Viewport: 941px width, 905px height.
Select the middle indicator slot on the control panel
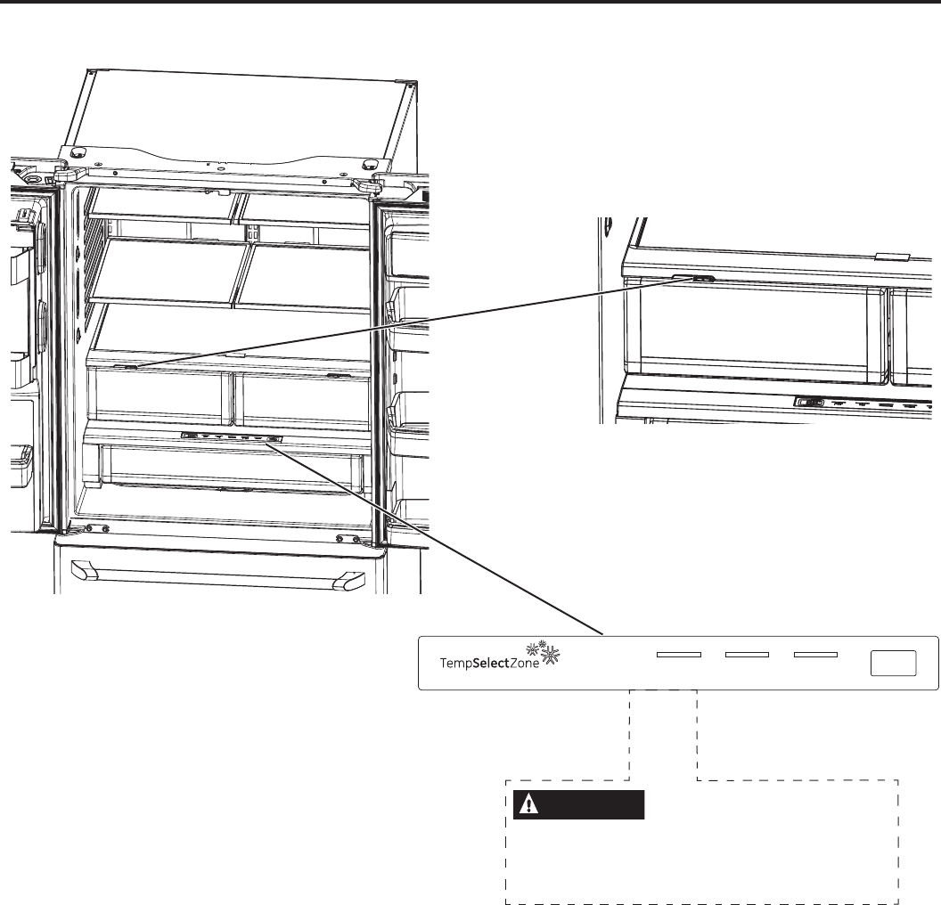tap(747, 655)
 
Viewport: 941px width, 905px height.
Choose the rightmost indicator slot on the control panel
tap(815, 655)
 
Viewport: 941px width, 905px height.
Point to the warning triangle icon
tap(532, 804)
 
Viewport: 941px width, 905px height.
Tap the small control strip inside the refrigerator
tap(231, 437)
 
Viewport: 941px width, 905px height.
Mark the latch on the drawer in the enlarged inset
tap(703, 278)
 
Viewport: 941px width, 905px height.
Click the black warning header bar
tap(579, 804)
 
